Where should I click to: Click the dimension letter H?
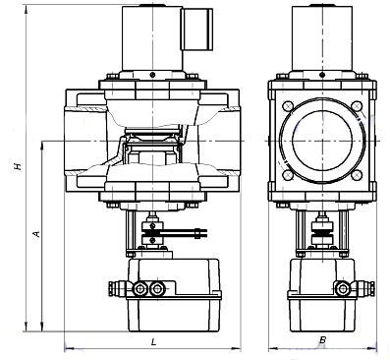coord(18,166)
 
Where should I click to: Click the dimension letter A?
coord(36,234)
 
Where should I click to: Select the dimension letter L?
coord(154,342)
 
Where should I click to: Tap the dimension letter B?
coord(322,340)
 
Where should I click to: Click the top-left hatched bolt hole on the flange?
coord(288,106)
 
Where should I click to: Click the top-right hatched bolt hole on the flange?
coord(357,106)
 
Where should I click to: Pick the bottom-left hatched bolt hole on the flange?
coord(288,175)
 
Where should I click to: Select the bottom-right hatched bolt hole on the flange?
coord(357,175)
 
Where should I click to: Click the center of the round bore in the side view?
coord(322,141)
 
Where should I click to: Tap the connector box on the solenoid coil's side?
coord(198,30)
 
